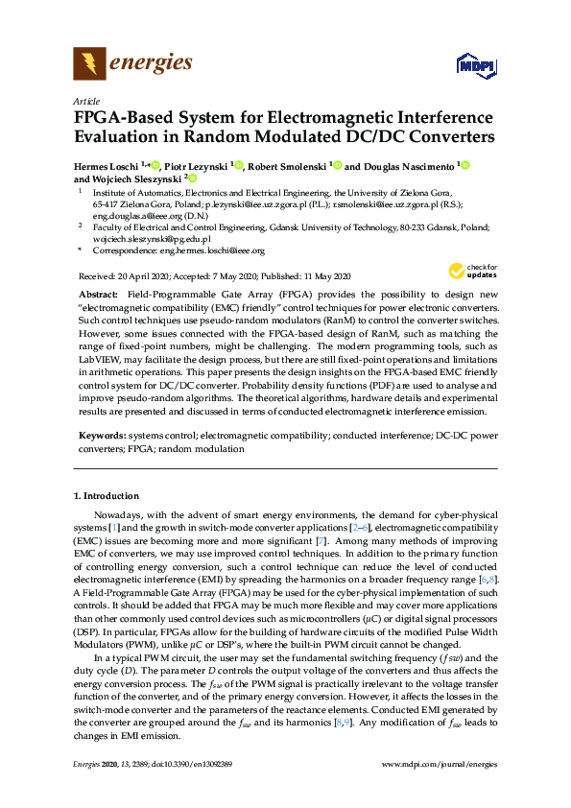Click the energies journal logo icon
point(89,64)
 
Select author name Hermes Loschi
point(110,165)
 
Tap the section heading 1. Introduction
point(107,496)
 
